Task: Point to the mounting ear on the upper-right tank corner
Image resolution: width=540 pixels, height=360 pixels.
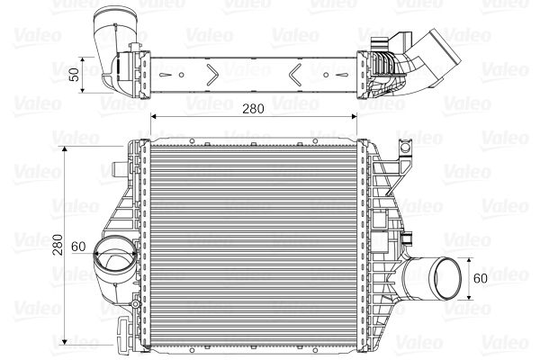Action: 393,157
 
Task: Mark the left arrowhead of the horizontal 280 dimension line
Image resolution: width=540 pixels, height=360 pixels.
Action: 153,117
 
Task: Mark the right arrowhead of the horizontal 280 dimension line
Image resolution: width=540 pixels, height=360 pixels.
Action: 354,117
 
